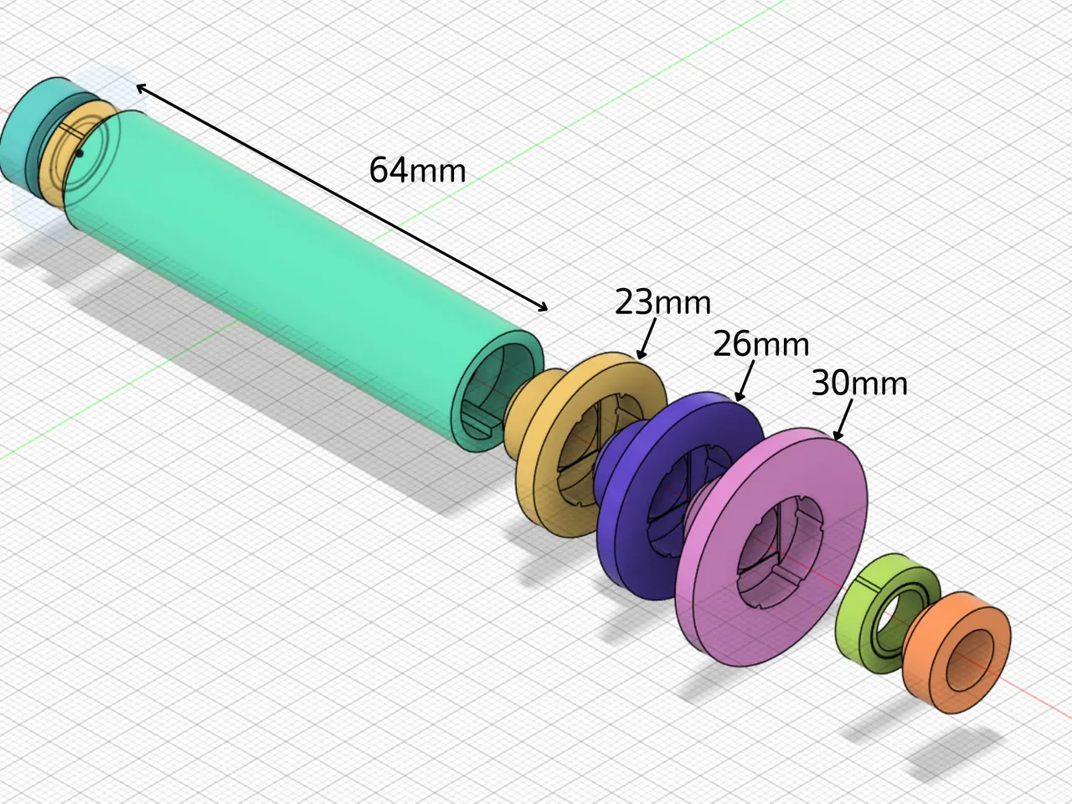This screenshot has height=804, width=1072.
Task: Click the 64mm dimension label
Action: tap(417, 170)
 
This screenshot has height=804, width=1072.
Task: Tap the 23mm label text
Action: tap(662, 302)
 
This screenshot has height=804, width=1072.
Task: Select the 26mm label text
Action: tap(760, 344)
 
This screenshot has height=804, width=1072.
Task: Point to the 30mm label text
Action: tap(859, 383)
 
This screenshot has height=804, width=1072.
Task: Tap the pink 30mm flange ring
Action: tap(720, 603)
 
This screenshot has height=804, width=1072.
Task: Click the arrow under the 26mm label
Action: tap(745, 381)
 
